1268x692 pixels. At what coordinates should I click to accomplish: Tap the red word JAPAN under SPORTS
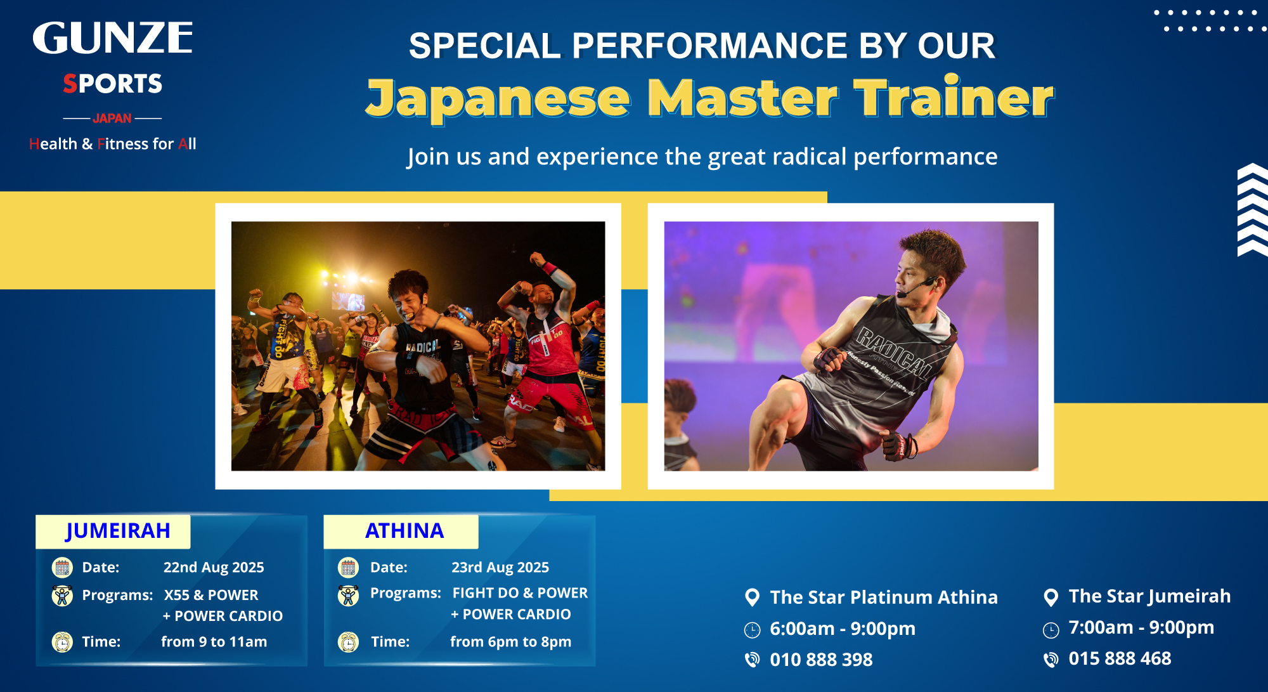pos(112,119)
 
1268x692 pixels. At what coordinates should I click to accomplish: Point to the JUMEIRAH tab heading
pos(118,530)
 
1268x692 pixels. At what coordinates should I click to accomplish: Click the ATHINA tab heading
pos(404,530)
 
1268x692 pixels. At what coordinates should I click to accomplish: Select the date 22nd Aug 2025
pos(214,568)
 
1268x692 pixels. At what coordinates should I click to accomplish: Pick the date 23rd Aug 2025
pos(500,568)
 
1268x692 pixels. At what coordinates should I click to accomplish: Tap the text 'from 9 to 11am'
pos(214,642)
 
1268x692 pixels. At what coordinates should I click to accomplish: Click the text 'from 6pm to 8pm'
pos(511,642)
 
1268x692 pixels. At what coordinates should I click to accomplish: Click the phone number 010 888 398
pos(821,660)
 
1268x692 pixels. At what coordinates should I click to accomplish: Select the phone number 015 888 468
pos(1120,658)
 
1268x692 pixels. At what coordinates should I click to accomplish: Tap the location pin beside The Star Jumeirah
pos(1051,597)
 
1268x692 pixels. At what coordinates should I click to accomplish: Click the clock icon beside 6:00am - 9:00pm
pos(752,630)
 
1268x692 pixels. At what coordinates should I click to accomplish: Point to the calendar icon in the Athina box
pos(348,568)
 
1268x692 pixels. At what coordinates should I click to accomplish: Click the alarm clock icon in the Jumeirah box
pos(62,642)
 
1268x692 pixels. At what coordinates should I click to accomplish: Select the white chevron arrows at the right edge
pos(1252,210)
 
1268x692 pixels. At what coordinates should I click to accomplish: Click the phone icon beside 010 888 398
pos(752,660)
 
